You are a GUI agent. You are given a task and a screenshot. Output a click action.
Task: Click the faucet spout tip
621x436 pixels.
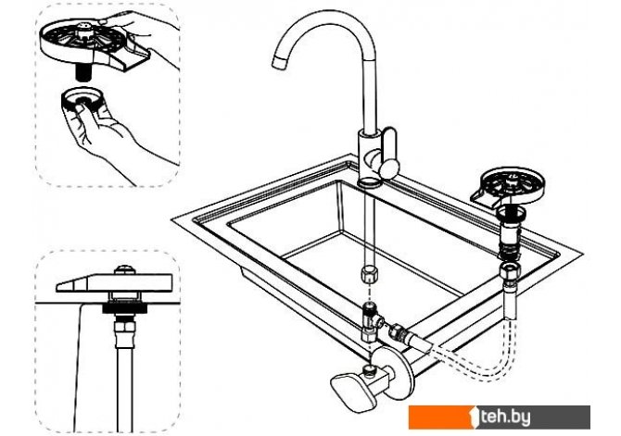coord(279,61)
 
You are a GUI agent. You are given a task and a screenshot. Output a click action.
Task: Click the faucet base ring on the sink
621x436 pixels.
coord(370,182)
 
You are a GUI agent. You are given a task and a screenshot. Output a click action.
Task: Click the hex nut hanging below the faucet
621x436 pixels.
coord(369,274)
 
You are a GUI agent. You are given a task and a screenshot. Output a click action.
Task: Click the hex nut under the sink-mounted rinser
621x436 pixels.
coord(510,271)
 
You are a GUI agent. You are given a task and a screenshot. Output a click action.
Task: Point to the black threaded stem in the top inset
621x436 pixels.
coord(82,73)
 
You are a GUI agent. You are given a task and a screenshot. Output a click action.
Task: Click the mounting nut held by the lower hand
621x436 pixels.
coord(82,101)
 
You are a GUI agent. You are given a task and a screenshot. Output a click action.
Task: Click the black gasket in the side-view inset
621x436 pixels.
coord(125,308)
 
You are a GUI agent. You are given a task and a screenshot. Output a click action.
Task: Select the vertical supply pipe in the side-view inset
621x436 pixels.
coord(125,389)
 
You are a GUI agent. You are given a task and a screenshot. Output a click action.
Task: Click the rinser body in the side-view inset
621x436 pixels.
coord(114,282)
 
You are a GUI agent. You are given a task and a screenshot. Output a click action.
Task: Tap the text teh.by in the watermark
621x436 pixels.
coord(505,417)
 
